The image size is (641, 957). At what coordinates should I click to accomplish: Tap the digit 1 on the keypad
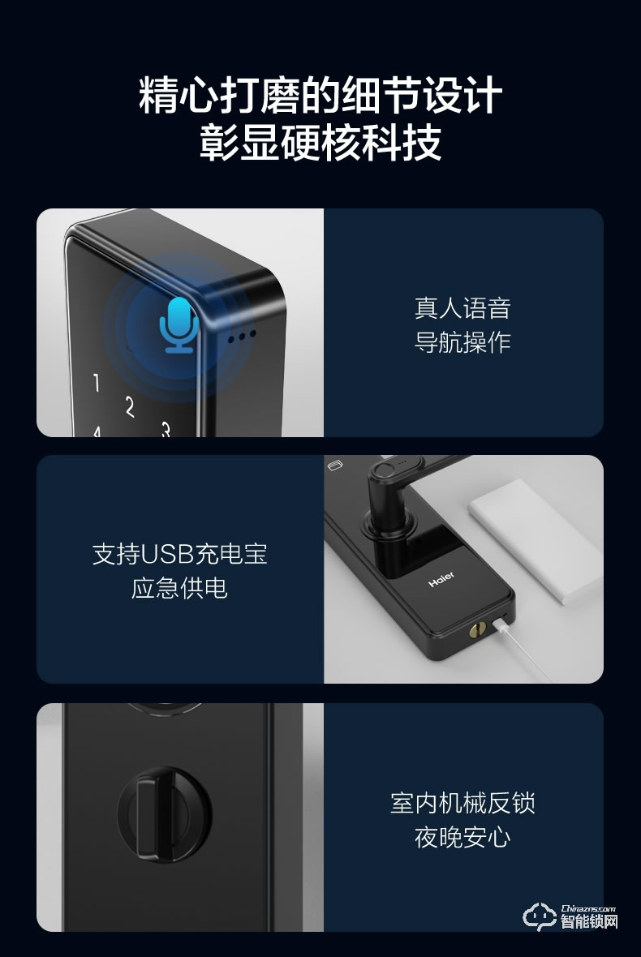point(96,383)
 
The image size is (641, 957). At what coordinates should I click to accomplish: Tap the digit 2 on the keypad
point(129,406)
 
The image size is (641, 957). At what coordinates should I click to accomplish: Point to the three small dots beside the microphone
point(242,336)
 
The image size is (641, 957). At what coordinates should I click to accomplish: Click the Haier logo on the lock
point(441,580)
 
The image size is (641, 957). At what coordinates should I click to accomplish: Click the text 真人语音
point(462,308)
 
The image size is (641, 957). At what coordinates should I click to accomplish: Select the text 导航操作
point(462,342)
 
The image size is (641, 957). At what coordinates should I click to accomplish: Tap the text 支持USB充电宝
point(179,554)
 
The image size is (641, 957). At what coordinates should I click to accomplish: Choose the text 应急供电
point(179,588)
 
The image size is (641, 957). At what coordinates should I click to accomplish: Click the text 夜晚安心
point(462,837)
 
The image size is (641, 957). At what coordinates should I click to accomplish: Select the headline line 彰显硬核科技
point(320,144)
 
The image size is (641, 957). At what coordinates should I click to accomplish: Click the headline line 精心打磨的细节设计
point(320,97)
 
